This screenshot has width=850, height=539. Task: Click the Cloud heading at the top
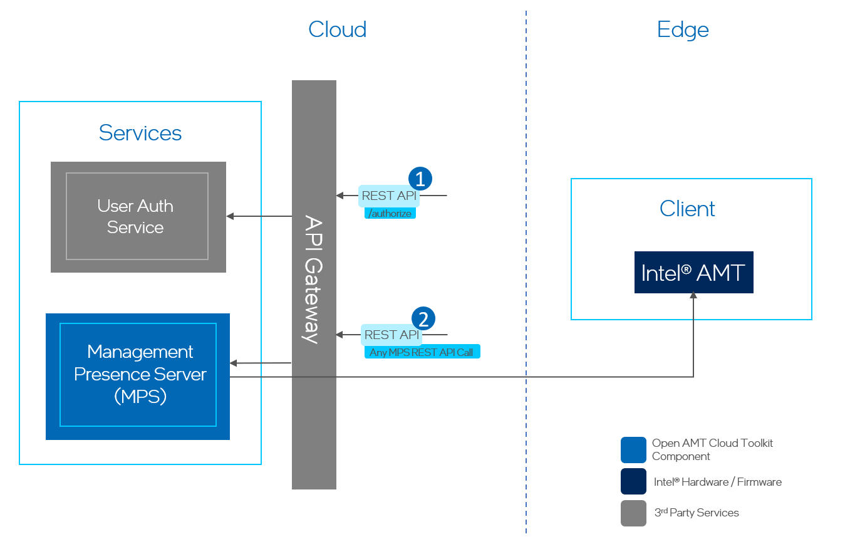(x=337, y=29)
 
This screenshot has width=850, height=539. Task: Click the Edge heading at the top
(x=683, y=29)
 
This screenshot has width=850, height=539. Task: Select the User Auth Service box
(x=138, y=216)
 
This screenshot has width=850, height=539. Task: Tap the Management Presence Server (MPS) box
(x=138, y=375)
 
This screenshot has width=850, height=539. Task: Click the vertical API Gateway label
(x=313, y=279)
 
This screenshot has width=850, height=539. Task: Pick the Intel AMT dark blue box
(x=693, y=273)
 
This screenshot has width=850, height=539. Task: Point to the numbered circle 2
(x=423, y=319)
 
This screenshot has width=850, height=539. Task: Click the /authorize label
(x=390, y=214)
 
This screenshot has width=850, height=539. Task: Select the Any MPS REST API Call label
(x=422, y=352)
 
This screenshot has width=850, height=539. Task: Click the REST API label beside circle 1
(x=388, y=196)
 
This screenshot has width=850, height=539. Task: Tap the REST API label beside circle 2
(x=391, y=335)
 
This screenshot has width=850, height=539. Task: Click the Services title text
(x=140, y=133)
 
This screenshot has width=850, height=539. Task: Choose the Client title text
(x=687, y=209)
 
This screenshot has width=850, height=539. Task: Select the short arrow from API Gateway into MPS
(x=261, y=363)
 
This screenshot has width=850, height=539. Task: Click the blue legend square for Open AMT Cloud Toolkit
(x=633, y=449)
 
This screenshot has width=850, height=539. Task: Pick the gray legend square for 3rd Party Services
(x=633, y=513)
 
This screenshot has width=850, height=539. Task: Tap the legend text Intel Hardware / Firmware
(x=717, y=482)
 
